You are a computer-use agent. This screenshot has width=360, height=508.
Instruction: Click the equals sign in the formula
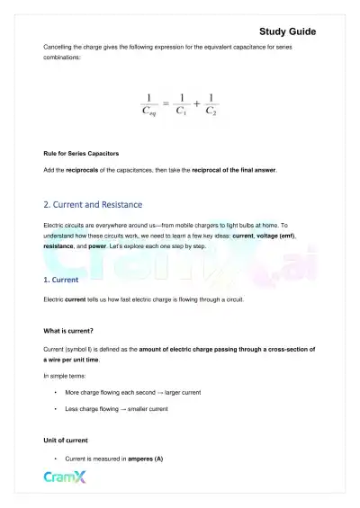(166, 105)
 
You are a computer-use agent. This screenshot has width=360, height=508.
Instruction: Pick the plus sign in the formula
(196, 105)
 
